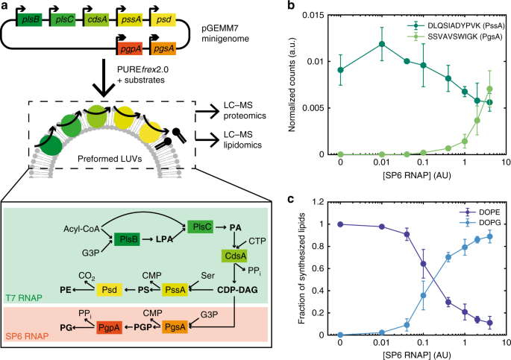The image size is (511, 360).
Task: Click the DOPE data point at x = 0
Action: point(340,224)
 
